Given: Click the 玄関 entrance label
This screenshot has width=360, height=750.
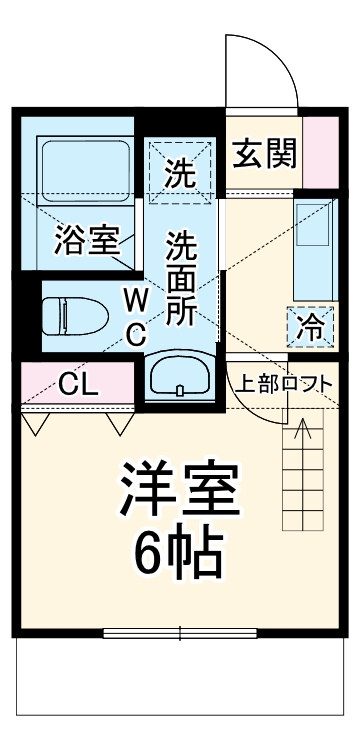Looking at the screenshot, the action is pyautogui.click(x=265, y=154).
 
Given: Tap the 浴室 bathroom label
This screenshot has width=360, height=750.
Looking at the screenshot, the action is pyautogui.click(x=87, y=240).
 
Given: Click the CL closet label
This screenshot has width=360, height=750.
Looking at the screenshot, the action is pyautogui.click(x=77, y=383).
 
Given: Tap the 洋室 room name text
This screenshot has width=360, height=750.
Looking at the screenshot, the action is pyautogui.click(x=180, y=487).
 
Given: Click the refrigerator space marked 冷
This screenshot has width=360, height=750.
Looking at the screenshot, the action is pyautogui.click(x=310, y=325).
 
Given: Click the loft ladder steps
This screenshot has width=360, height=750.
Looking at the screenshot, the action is pyautogui.click(x=304, y=475).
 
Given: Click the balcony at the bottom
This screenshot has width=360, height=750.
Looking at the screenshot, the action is pyautogui.click(x=180, y=685).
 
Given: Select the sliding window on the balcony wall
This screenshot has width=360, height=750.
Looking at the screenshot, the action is pyautogui.click(x=180, y=633).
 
